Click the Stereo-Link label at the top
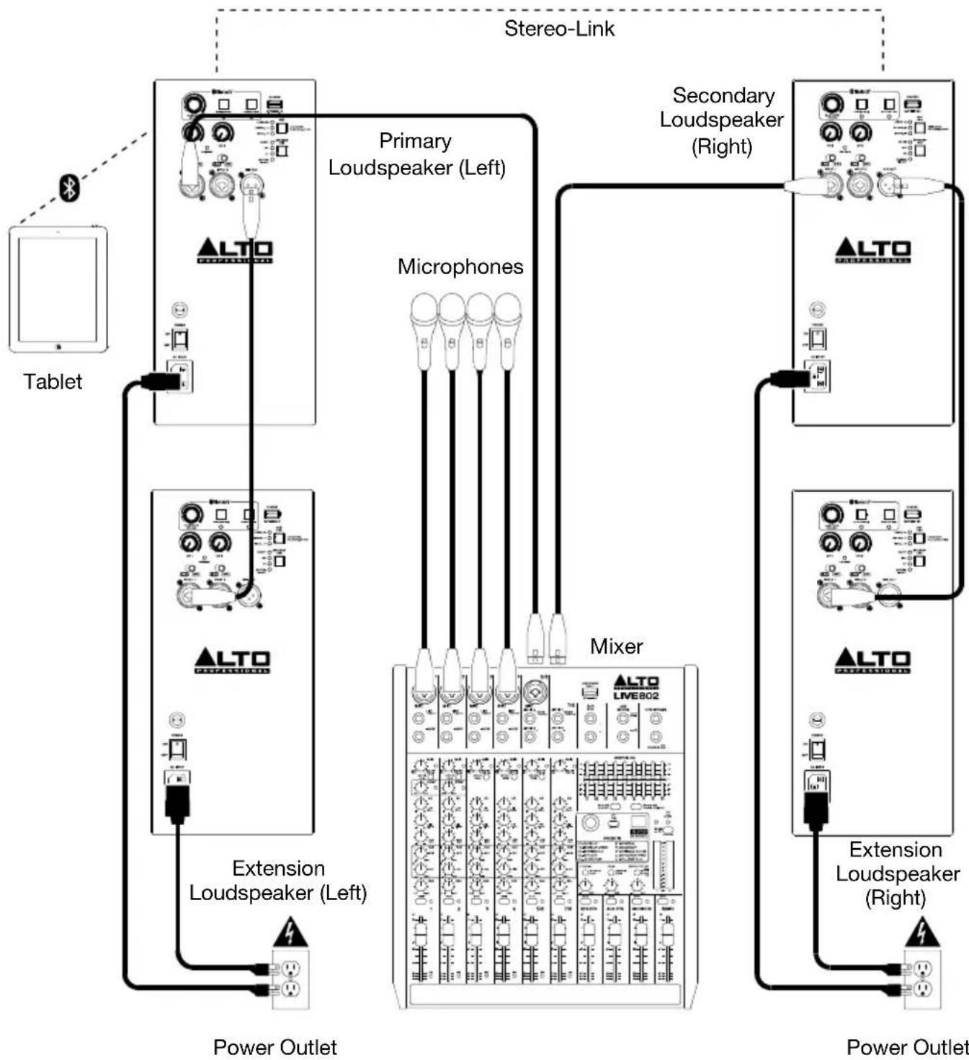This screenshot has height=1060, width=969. [559, 29]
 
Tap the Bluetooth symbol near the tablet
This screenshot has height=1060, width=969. [69, 189]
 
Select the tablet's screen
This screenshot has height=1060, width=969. [58, 290]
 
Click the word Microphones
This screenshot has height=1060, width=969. [460, 267]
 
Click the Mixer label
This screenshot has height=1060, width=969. [616, 646]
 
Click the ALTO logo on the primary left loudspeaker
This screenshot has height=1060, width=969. [235, 251]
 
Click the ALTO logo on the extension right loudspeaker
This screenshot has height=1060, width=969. [872, 660]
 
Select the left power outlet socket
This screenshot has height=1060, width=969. [290, 979]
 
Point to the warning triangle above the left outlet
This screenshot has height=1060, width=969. [290, 932]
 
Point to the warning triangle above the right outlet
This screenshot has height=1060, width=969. [921, 932]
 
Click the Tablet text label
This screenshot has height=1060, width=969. [53, 382]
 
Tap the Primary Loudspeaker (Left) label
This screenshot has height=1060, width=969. [416, 154]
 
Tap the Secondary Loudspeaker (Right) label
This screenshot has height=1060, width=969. [722, 120]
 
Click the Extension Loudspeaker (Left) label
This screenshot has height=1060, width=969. [278, 881]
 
